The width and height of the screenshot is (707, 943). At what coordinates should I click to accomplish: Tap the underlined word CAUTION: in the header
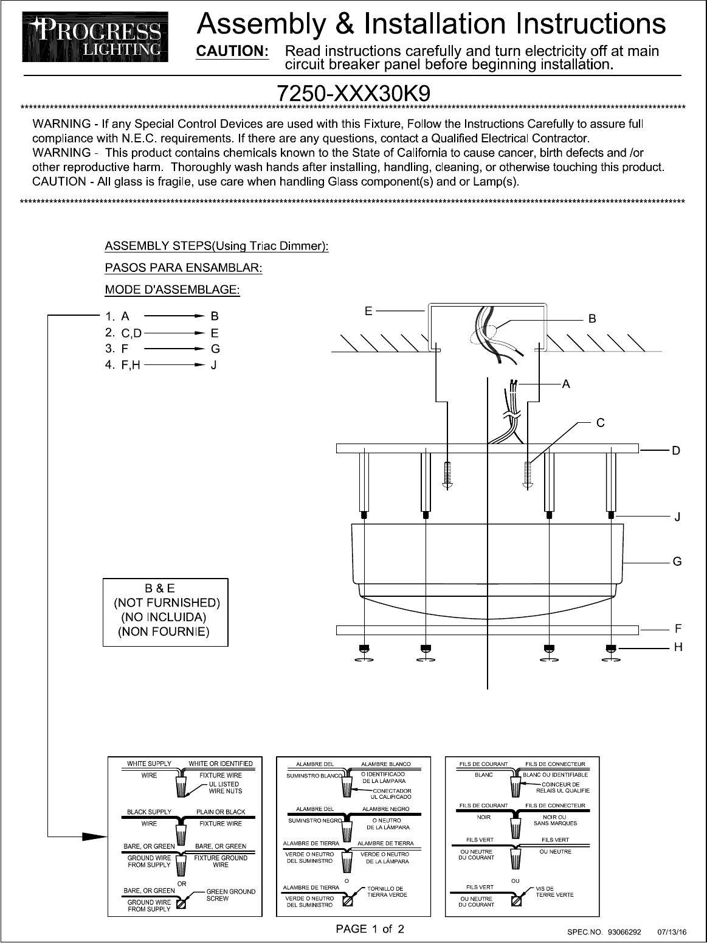(232, 51)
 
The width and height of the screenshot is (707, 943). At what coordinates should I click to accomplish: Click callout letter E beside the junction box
(368, 311)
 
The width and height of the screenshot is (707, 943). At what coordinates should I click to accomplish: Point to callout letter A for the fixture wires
(566, 384)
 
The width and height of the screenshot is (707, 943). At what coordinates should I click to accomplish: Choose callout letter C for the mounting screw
(599, 422)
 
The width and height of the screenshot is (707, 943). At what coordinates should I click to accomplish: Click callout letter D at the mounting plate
(675, 451)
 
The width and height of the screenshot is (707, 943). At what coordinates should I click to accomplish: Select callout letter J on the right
(677, 518)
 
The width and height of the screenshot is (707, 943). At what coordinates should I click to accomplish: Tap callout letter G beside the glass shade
(677, 562)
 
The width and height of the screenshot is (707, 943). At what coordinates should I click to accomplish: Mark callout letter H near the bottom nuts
(677, 647)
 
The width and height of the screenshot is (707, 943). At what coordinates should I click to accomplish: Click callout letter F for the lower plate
(677, 627)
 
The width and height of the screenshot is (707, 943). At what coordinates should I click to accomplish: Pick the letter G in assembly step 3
(215, 349)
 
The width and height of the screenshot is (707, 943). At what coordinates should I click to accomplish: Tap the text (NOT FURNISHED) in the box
(167, 603)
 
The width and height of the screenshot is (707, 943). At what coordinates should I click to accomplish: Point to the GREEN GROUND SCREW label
(231, 895)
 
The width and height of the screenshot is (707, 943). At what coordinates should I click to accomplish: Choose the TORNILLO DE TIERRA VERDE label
(387, 891)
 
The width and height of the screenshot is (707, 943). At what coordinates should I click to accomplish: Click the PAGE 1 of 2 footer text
(371, 929)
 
